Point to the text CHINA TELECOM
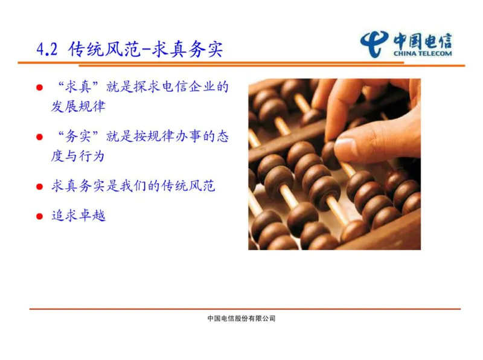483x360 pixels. point(422,53)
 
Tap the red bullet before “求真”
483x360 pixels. point(40,88)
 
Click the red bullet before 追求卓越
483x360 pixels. point(40,216)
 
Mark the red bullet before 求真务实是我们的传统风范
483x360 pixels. point(40,187)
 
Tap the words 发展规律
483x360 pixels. point(78,107)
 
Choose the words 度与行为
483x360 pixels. point(78,156)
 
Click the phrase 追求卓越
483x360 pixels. point(78,216)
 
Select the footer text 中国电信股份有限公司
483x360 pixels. point(241,318)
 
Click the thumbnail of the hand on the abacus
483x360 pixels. point(334,164)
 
